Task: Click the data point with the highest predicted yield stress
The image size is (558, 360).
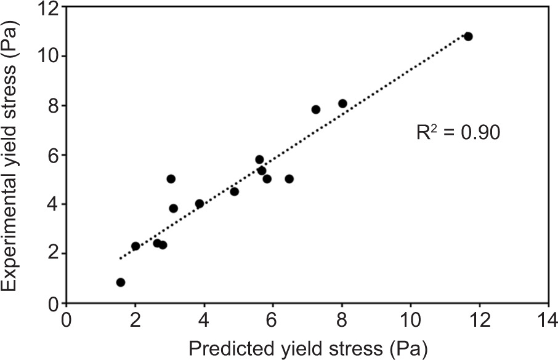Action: (468, 36)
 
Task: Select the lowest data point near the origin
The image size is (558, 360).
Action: (121, 282)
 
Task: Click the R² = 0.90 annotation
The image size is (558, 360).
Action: (458, 133)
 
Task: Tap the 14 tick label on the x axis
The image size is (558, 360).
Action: (548, 320)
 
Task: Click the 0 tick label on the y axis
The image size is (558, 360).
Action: (54, 303)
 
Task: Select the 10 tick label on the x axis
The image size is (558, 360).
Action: (410, 320)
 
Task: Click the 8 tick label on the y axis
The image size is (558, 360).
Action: (54, 106)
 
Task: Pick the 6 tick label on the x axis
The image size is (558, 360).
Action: (273, 320)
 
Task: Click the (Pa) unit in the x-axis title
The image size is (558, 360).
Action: (408, 349)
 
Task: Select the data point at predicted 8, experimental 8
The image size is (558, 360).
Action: (342, 103)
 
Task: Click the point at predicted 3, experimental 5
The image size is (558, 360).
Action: (171, 178)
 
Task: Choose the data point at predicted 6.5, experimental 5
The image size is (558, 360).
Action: (289, 178)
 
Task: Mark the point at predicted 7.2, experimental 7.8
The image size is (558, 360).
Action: (316, 110)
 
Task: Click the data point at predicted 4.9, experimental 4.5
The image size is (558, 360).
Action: (234, 191)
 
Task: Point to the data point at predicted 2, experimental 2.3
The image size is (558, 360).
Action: (135, 246)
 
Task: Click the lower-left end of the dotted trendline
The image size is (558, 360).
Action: (121, 258)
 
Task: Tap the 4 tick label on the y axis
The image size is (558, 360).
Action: (54, 204)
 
